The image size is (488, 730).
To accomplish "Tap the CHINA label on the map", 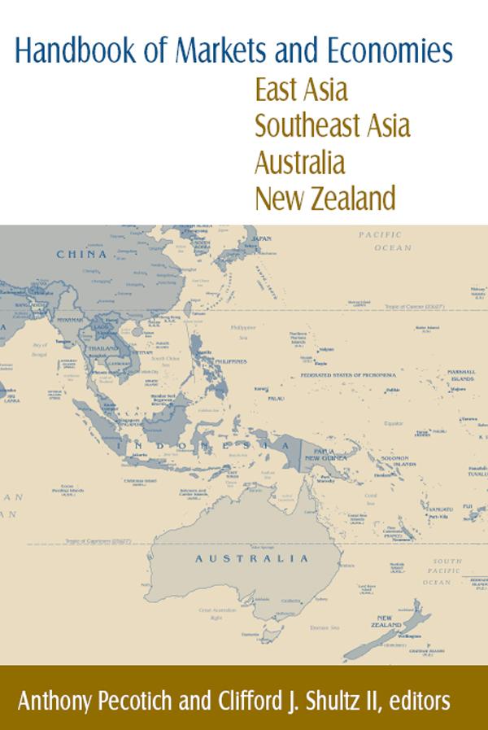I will (x=81, y=254).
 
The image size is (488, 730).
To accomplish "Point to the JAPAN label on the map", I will (x=262, y=238).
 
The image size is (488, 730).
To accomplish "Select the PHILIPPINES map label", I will (x=231, y=361).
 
